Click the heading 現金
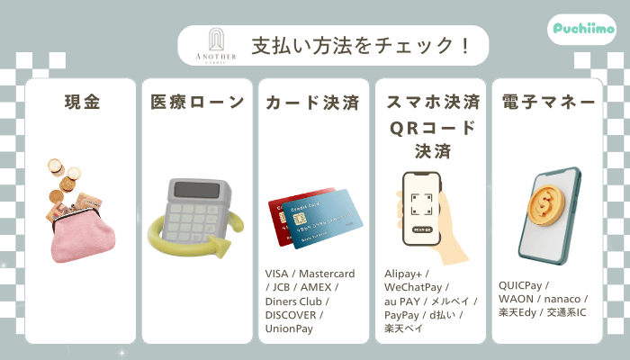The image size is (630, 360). click(x=81, y=103)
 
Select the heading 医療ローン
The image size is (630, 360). click(x=197, y=103)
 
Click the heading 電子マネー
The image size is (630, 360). click(x=547, y=103)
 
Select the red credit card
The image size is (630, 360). click(x=292, y=216)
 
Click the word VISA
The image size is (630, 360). click(x=278, y=274)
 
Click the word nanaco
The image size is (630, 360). click(x=562, y=299)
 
